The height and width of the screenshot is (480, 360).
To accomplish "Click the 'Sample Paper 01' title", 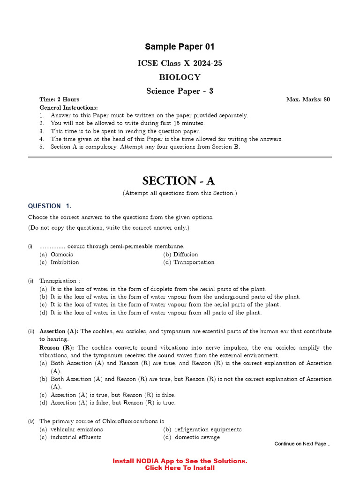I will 180,47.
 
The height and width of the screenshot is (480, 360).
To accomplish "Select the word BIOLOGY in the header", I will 180,77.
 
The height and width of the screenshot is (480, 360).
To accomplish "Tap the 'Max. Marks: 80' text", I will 307,99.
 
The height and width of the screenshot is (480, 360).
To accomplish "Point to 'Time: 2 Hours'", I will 59,99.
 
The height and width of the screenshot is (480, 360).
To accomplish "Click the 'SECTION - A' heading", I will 179,180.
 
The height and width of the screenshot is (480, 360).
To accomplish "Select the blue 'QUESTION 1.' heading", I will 50,206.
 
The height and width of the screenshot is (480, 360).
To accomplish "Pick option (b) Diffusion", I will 186,255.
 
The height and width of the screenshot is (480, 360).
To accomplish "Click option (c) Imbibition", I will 65,262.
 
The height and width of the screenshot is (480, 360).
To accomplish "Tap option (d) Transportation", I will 194,262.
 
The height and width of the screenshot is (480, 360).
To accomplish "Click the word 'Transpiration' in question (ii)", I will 57,281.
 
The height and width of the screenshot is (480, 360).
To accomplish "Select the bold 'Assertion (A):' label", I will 59,331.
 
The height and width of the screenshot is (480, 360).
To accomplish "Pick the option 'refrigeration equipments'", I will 208,429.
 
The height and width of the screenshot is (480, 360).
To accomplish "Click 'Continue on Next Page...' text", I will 302,444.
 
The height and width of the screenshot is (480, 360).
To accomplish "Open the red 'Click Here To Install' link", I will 180,468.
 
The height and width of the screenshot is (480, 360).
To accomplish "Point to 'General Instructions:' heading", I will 68,107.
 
